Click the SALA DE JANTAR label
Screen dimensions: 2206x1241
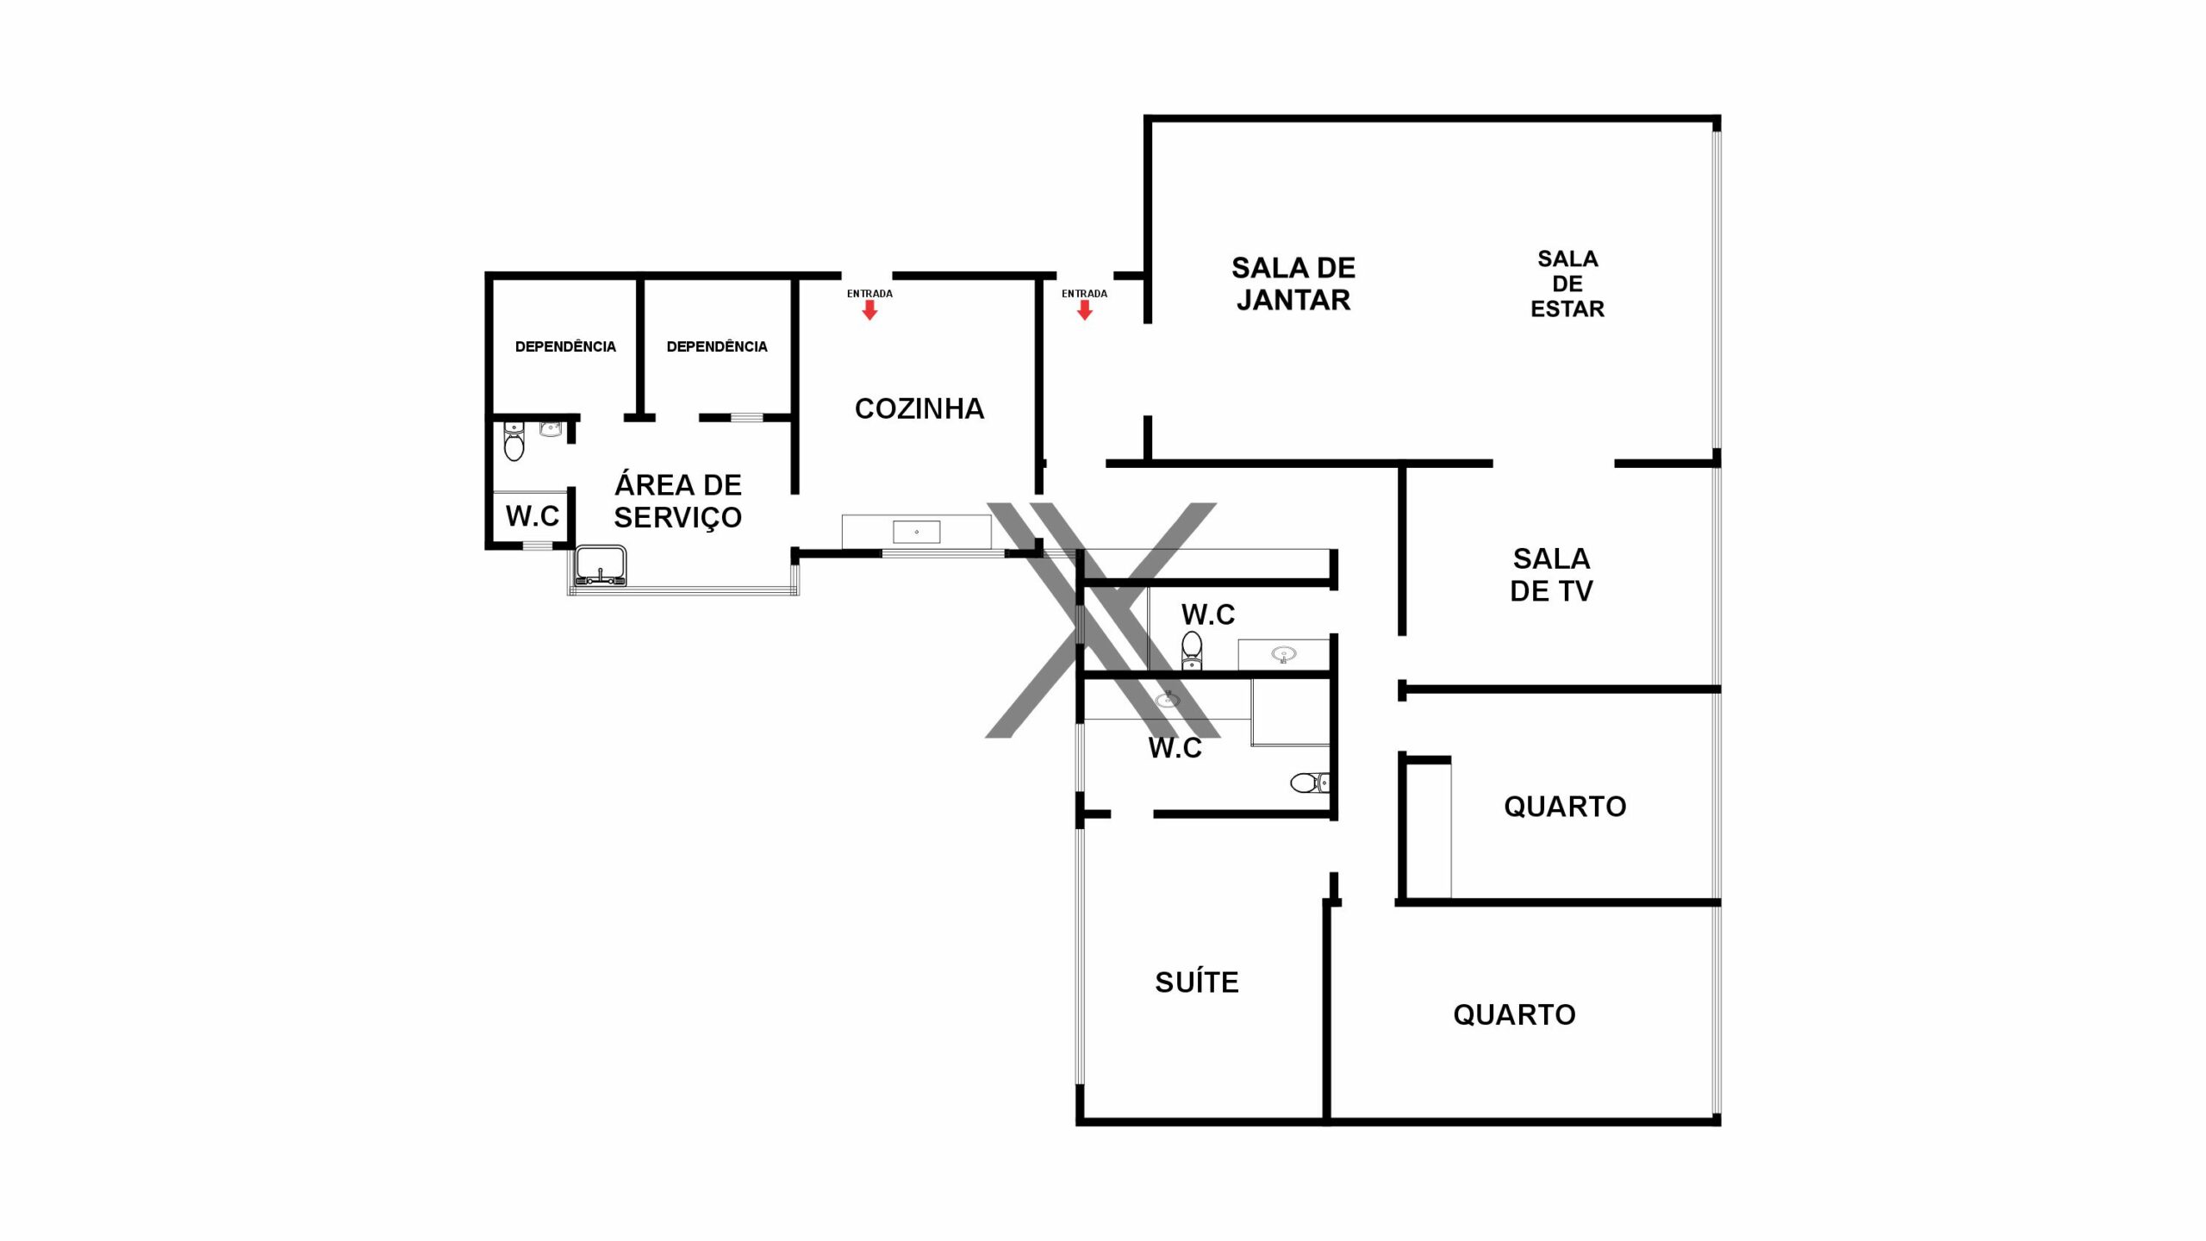tap(1293, 284)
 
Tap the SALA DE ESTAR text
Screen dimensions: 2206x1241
tap(1567, 284)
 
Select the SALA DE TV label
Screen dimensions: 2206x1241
tap(1551, 575)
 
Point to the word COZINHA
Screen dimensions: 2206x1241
tap(919, 408)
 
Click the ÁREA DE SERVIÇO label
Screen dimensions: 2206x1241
tap(678, 502)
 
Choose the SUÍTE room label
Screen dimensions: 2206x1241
tap(1197, 982)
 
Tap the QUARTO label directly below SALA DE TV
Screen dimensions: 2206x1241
tap(1565, 807)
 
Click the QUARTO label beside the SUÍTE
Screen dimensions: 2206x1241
tap(1514, 1015)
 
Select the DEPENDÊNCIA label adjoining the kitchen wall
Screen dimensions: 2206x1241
tap(717, 346)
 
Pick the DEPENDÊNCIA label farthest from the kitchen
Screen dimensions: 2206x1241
tap(565, 346)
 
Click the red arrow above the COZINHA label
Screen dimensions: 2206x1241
tap(869, 310)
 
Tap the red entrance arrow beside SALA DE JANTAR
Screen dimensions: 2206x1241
tap(1085, 310)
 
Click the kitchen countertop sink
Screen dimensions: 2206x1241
tap(916, 532)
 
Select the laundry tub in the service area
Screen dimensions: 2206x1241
tap(601, 565)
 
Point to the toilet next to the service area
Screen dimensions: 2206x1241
tap(514, 441)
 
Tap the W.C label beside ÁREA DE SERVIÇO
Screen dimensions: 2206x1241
tap(533, 516)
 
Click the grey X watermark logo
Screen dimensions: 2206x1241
tap(1102, 620)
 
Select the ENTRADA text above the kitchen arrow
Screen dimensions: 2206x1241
tap(869, 294)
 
